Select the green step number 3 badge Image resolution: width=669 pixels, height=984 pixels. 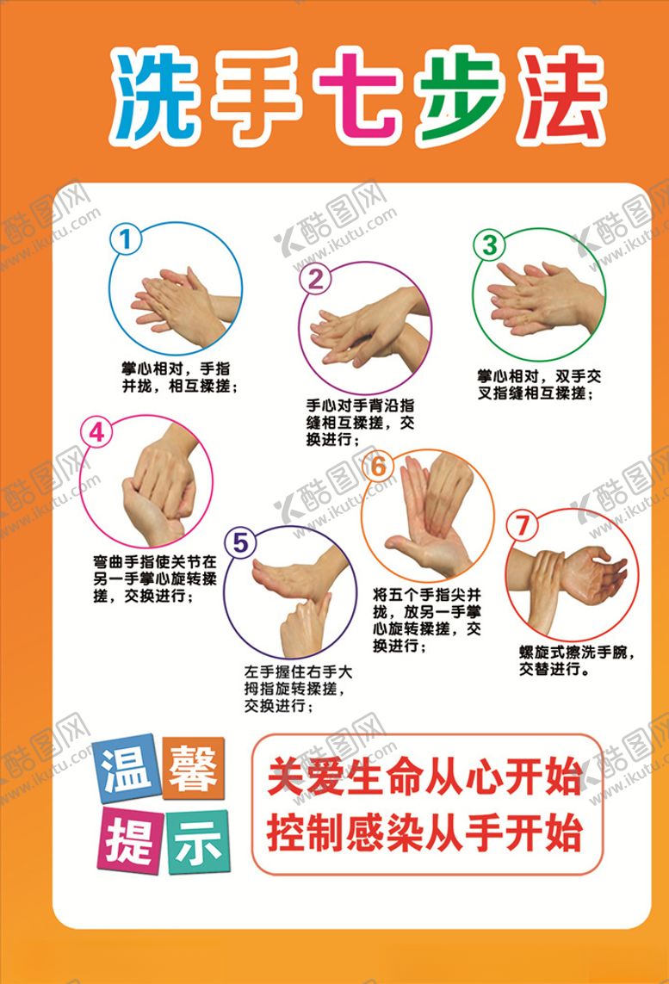(x=490, y=245)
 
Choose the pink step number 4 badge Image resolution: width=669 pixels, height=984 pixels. (x=97, y=433)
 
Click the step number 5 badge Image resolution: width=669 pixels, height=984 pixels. (x=240, y=542)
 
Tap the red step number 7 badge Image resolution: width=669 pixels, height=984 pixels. (x=523, y=525)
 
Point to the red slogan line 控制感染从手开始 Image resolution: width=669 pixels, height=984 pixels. (x=424, y=831)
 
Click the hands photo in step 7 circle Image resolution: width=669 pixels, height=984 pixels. (x=570, y=576)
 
